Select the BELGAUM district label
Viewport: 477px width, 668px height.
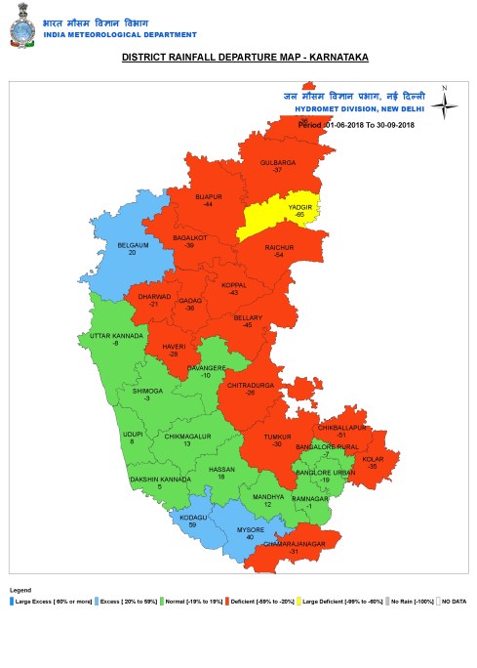(x=133, y=245)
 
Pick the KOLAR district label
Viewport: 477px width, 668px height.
(x=372, y=459)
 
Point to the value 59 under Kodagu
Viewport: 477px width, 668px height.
(x=193, y=524)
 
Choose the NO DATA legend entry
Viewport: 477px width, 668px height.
(x=453, y=602)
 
